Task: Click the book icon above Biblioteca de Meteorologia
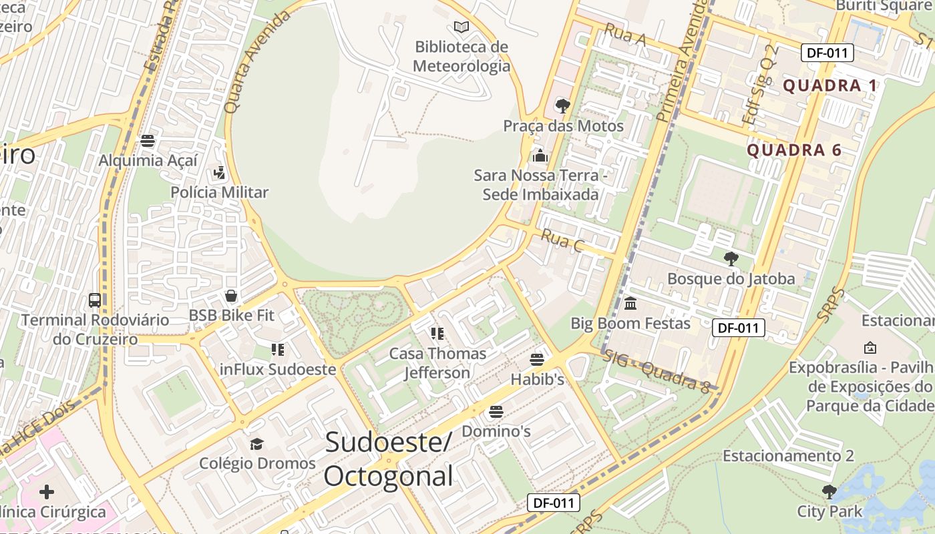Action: click(x=461, y=27)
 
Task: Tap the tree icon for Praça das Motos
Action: click(x=563, y=105)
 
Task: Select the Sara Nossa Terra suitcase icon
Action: click(x=540, y=156)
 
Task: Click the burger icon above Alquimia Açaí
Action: click(x=148, y=141)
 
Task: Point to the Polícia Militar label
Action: click(x=219, y=193)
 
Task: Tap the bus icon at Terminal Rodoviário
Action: click(x=95, y=300)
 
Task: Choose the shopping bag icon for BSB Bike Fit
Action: click(x=231, y=295)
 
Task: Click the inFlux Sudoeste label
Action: click(x=277, y=369)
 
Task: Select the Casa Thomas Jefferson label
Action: click(x=437, y=362)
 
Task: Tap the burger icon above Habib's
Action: click(x=537, y=360)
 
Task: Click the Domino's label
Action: click(x=496, y=431)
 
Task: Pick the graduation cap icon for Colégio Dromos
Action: click(x=256, y=444)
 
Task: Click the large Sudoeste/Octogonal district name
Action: click(x=389, y=459)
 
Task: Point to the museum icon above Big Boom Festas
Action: click(x=630, y=304)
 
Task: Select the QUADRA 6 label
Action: click(x=794, y=150)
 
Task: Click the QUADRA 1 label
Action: click(x=830, y=85)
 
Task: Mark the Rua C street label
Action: click(x=562, y=240)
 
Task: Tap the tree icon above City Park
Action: click(x=829, y=492)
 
